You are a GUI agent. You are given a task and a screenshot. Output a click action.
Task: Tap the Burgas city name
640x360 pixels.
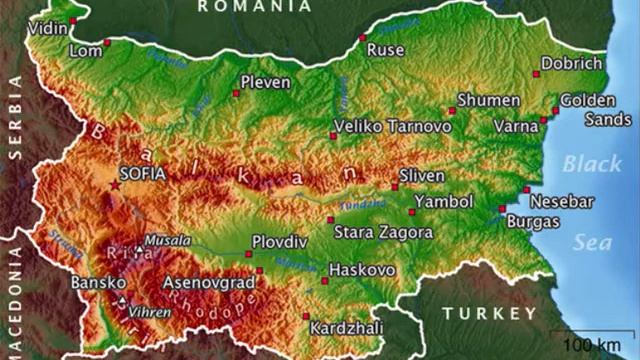click(532, 220)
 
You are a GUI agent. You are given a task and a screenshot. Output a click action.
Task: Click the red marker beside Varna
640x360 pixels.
click(543, 122)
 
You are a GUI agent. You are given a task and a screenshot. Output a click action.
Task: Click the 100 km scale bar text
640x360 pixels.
click(593, 346)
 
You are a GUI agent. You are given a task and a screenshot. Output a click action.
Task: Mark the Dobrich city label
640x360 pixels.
click(573, 64)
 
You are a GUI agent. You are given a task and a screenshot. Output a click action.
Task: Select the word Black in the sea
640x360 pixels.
click(591, 164)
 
